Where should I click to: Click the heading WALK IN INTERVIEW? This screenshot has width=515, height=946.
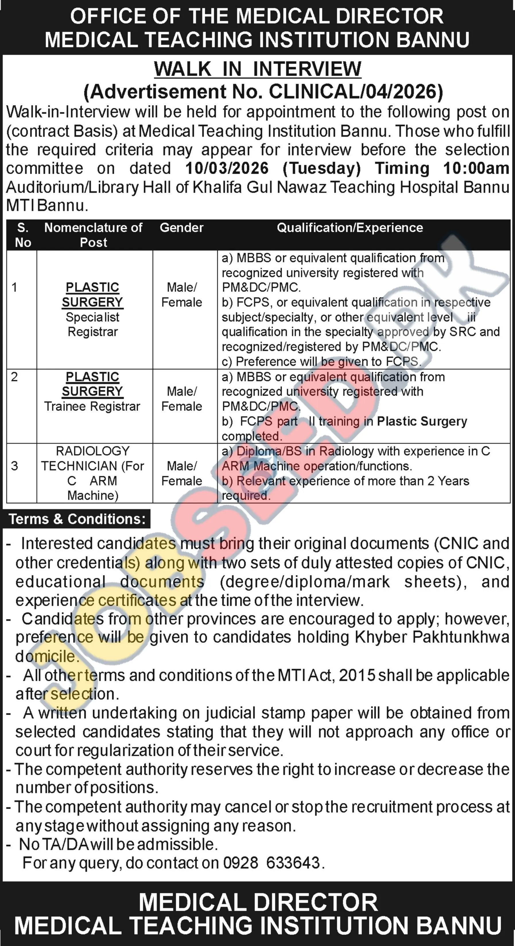pyautogui.click(x=257, y=69)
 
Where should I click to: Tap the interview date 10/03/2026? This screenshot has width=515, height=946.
pyautogui.click(x=227, y=168)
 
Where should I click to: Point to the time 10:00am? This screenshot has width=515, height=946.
pyautogui.click(x=476, y=168)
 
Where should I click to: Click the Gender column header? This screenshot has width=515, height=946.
pyautogui.click(x=181, y=228)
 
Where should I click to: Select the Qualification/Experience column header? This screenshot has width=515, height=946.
pyautogui.click(x=349, y=228)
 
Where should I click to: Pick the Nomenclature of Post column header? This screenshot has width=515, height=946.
pyautogui.click(x=93, y=235)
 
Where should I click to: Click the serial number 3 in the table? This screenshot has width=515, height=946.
pyautogui.click(x=14, y=466)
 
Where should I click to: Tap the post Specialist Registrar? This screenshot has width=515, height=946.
pyautogui.click(x=93, y=324)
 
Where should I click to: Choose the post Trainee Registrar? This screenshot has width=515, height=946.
pyautogui.click(x=92, y=406)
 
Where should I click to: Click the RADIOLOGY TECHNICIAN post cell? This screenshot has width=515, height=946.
pyautogui.click(x=93, y=473)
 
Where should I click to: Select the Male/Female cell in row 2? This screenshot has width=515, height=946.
pyautogui.click(x=182, y=399)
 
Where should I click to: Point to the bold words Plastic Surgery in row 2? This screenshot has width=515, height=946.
pyautogui.click(x=422, y=421)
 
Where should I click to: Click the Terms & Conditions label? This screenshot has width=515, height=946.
pyautogui.click(x=77, y=519)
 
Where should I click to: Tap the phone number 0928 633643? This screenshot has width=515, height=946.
pyautogui.click(x=271, y=863)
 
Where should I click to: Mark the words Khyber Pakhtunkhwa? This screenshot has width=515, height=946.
pyautogui.click(x=432, y=637)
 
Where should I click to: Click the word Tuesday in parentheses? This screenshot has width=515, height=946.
pyautogui.click(x=322, y=168)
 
